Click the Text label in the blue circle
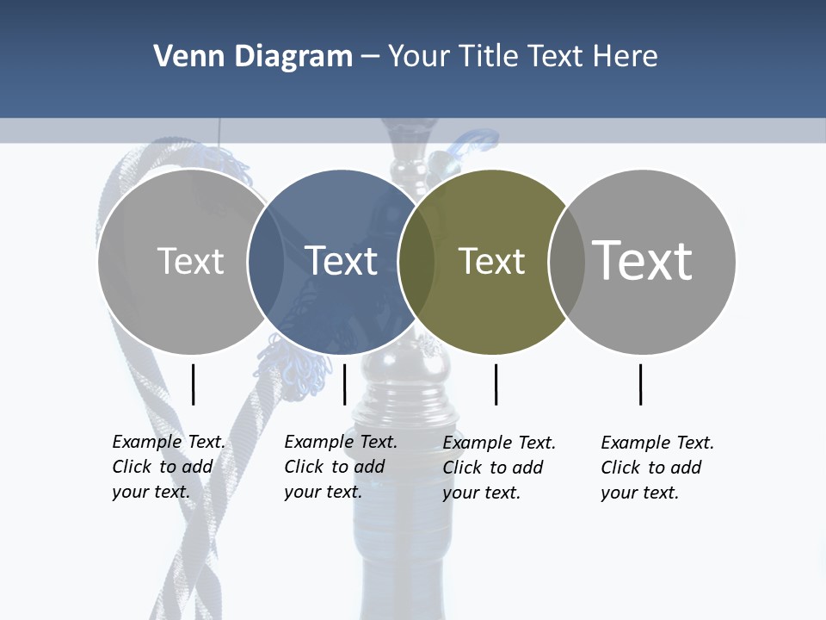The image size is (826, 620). point(342,260)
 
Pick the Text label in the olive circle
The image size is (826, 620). point(491,261)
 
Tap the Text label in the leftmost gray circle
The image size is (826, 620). point(190,260)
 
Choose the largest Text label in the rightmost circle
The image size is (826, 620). point(643,260)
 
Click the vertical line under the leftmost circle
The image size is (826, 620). point(193,384)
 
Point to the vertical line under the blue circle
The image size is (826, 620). point(344,384)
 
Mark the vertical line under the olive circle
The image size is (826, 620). point(496,384)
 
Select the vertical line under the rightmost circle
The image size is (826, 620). point(640,384)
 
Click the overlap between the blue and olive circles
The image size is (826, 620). point(416,261)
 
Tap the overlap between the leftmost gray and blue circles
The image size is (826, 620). point(266,261)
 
